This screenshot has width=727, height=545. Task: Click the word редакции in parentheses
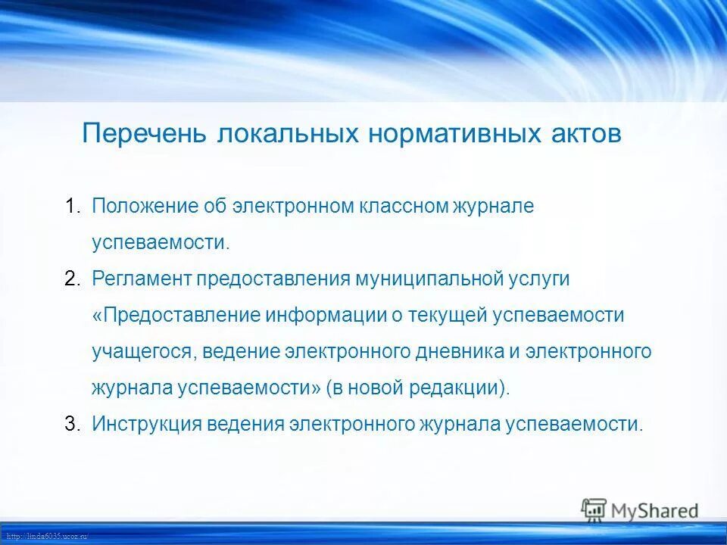(x=459, y=388)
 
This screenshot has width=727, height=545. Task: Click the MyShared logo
(x=640, y=510)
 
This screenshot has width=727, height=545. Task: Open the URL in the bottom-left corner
(x=45, y=536)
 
